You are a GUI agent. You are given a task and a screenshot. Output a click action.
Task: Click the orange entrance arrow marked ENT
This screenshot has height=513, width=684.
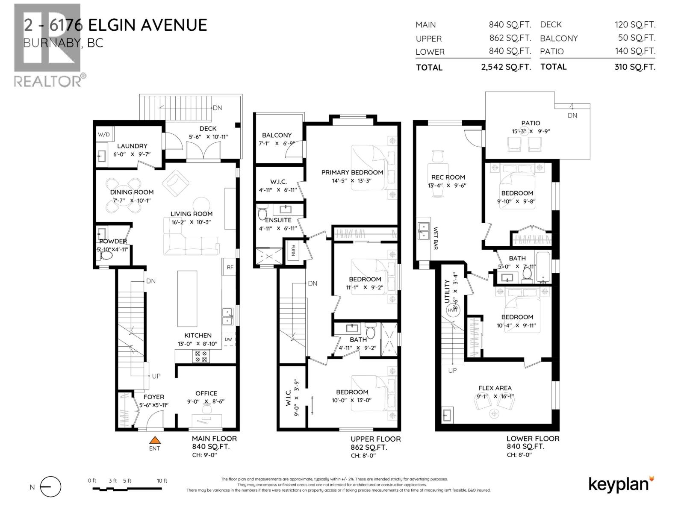tap(154, 440)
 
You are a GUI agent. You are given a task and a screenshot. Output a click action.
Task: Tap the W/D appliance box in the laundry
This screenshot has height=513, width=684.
tap(104, 134)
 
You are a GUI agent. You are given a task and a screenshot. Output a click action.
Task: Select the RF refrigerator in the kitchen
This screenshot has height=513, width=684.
tap(230, 267)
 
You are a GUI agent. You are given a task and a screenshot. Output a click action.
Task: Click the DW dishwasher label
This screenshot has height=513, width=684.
tap(228, 339)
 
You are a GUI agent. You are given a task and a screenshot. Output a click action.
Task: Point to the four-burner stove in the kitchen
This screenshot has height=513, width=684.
tap(201, 357)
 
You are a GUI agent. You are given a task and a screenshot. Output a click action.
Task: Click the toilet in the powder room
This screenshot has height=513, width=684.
tap(106, 256)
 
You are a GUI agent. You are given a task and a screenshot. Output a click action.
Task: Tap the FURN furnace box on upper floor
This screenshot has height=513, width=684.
tap(293, 250)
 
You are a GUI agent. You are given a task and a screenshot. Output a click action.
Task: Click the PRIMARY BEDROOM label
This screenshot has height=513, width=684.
tap(352, 172)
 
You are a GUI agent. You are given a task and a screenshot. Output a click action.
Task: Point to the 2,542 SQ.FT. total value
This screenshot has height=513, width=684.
tap(506, 67)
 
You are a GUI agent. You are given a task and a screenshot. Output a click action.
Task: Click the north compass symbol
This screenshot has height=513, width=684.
tap(51, 487)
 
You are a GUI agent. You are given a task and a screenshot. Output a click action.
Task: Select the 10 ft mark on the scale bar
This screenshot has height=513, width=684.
tap(162, 481)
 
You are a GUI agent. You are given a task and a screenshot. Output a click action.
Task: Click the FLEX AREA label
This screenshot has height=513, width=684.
tap(495, 388)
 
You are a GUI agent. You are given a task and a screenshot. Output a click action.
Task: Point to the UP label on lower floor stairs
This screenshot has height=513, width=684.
tap(452, 370)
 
